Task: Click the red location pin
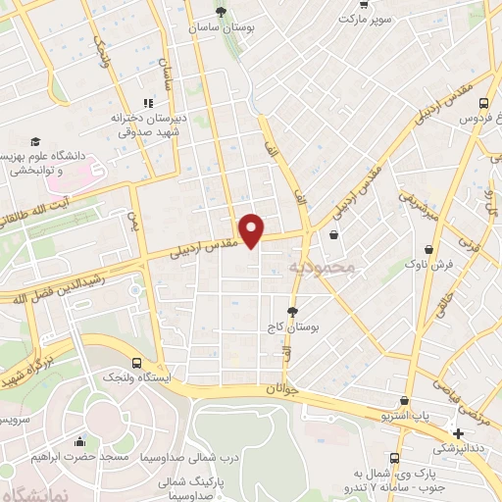pyautogui.click(x=253, y=229)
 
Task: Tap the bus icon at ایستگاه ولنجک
pyautogui.click(x=134, y=360)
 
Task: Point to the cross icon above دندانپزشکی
pyautogui.click(x=458, y=432)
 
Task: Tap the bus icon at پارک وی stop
pyautogui.click(x=395, y=458)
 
